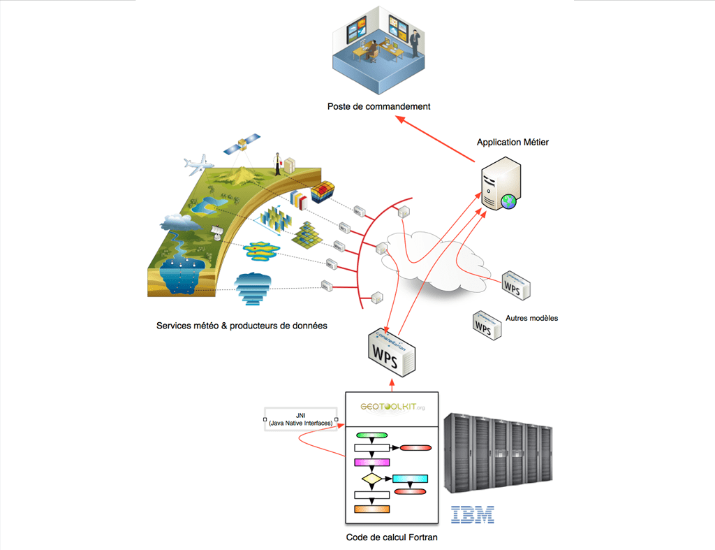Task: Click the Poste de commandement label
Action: [378, 107]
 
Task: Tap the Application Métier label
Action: [513, 142]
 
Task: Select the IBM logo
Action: [473, 514]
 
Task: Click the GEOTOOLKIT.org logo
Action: [392, 406]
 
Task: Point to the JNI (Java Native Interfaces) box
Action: [300, 419]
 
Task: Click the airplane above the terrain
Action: [198, 166]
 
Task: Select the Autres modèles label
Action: [532, 319]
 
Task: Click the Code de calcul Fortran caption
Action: [392, 537]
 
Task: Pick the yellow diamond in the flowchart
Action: [372, 479]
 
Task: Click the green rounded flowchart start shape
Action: [371, 435]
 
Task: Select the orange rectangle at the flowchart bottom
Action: [371, 509]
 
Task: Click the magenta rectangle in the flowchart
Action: [371, 462]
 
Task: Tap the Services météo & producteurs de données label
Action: [242, 326]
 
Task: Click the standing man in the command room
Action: [415, 43]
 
